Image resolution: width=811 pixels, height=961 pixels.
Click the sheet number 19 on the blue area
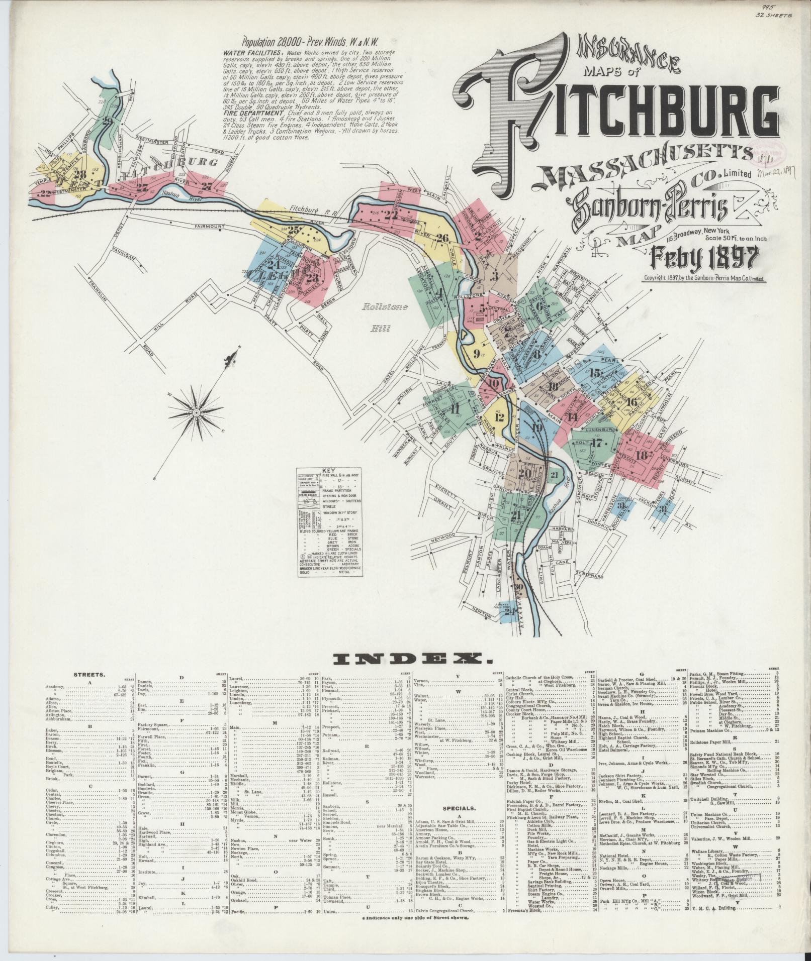(536, 428)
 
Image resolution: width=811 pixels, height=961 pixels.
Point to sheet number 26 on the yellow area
(442, 238)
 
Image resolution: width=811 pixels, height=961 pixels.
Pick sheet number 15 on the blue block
(596, 373)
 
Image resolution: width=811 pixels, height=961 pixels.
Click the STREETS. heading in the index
(89, 675)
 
